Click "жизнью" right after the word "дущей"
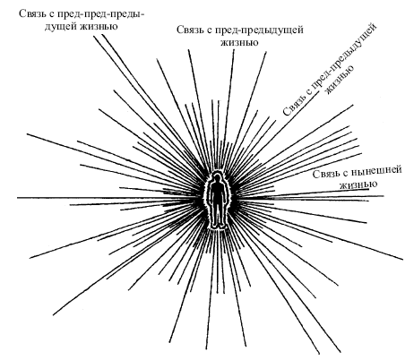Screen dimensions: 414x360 [x=99, y=26]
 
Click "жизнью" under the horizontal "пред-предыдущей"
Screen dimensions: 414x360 [x=239, y=42]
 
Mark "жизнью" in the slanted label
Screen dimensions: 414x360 [x=340, y=80]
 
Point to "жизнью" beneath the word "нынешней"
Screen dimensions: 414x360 [x=358, y=184]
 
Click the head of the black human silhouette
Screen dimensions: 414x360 [x=217, y=179]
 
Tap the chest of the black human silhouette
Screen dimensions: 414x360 [x=217, y=191]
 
